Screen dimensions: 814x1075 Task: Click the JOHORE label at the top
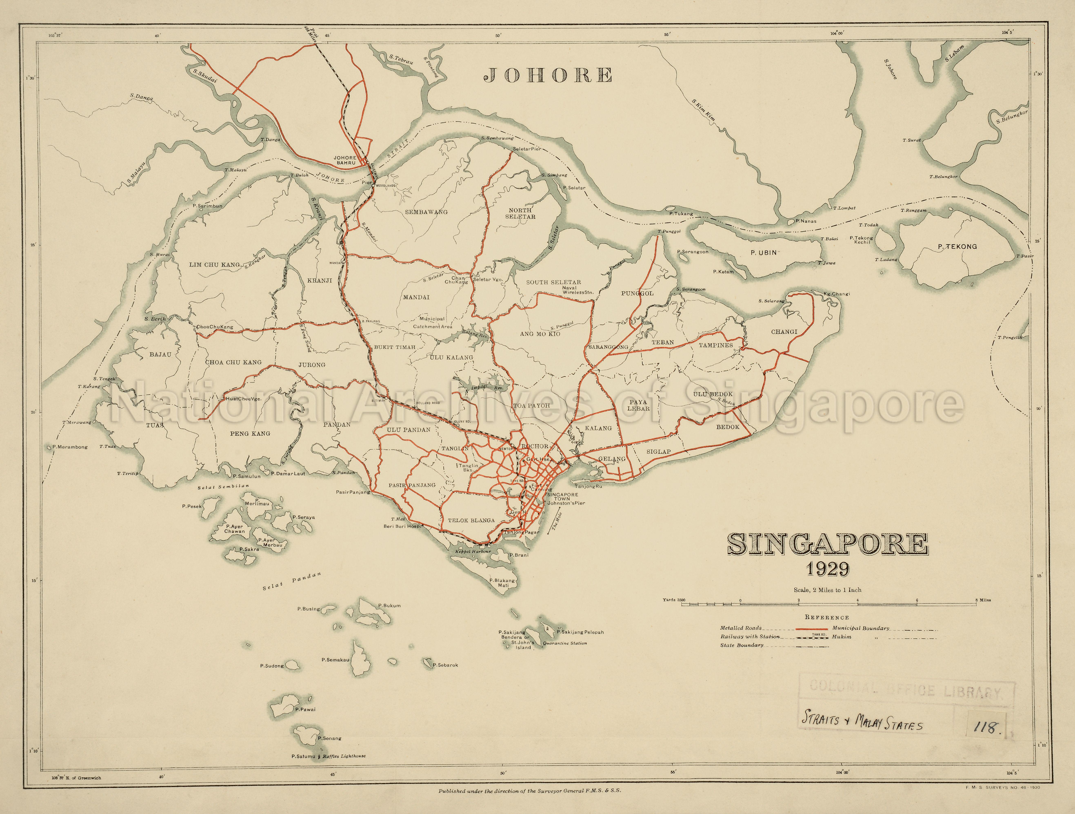(548, 75)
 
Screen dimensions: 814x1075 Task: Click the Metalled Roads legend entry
(741, 628)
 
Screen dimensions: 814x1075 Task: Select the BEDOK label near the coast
(727, 427)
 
